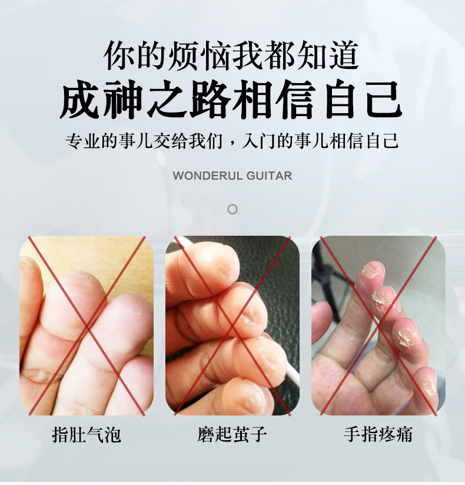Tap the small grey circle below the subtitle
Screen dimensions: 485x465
pos(232,209)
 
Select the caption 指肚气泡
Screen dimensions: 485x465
pos(87,435)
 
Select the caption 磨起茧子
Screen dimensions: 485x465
pos(232,435)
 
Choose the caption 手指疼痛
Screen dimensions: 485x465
pos(378,435)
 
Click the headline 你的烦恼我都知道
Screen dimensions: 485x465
pos(232,56)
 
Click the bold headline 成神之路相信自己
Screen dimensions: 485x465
pos(232,100)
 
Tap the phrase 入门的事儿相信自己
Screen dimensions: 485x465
pos(321,141)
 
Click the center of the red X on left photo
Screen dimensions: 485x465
pos(87,325)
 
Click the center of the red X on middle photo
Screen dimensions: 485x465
pos(232,325)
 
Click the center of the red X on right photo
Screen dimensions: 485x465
pos(378,325)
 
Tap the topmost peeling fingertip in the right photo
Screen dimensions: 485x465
pos(372,270)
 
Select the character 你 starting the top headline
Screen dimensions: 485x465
pos(118,56)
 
